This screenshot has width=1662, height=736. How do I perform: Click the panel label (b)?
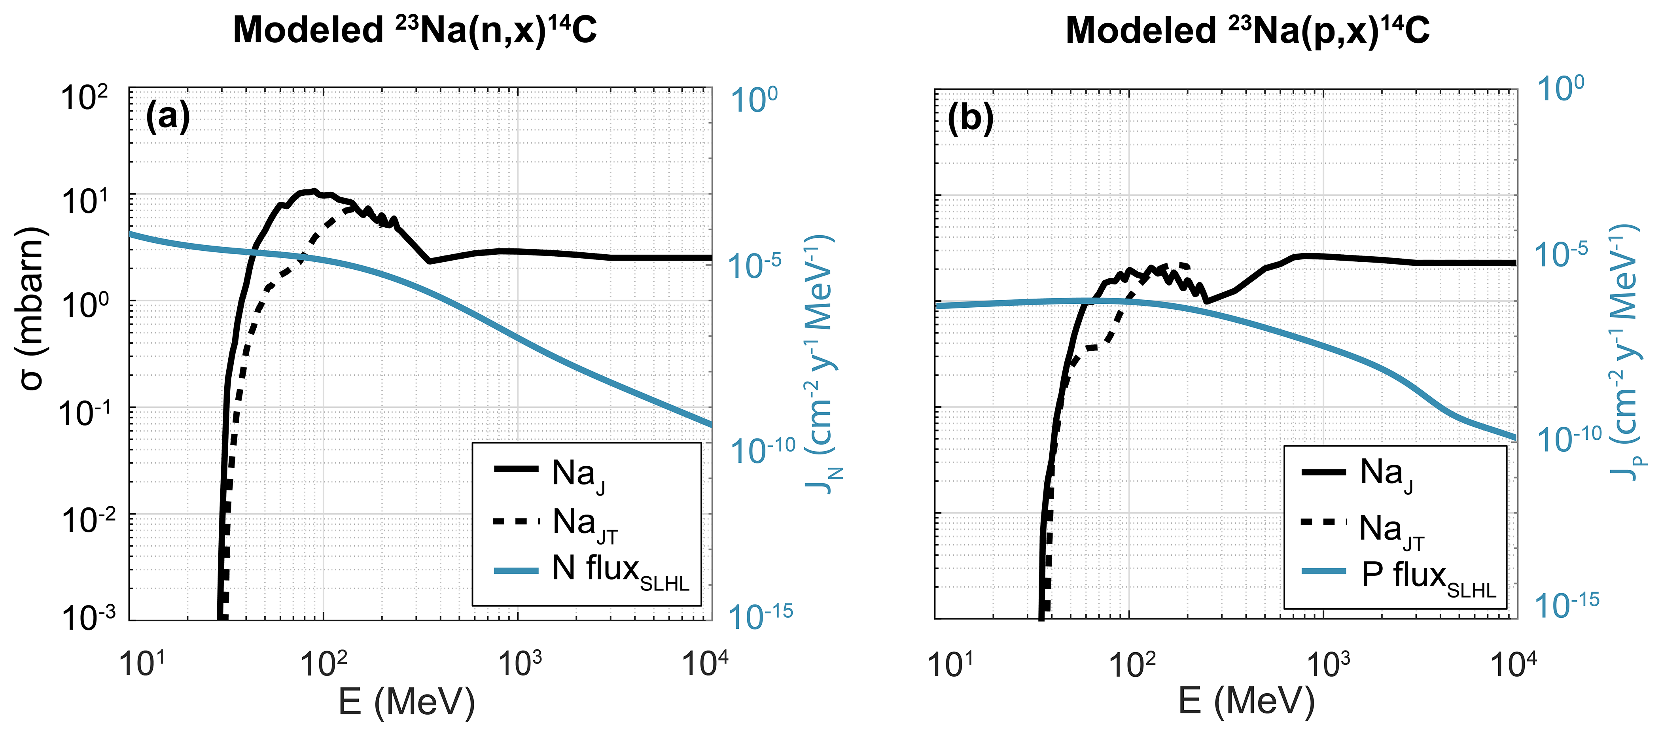(x=970, y=118)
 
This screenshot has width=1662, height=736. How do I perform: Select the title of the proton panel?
(x=1247, y=30)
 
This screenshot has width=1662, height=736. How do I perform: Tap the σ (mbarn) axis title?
(x=32, y=308)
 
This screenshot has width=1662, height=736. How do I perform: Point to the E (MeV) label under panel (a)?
(x=407, y=702)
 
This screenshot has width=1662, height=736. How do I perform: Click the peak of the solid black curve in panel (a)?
(x=313, y=191)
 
